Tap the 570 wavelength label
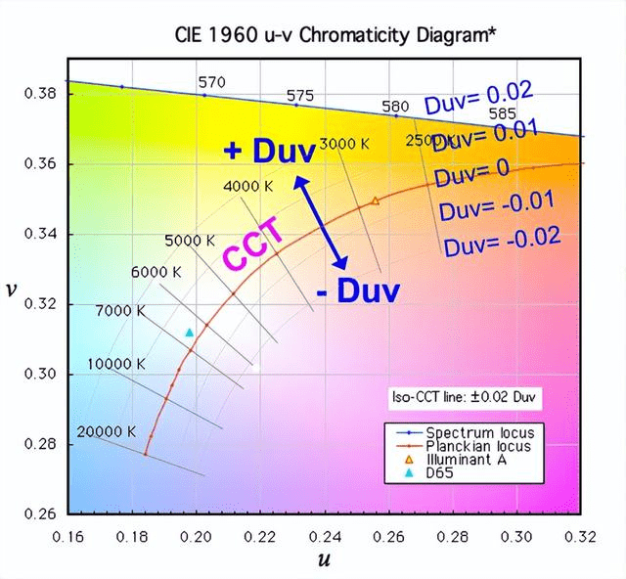(x=211, y=83)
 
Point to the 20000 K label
(x=107, y=431)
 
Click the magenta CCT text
(x=253, y=245)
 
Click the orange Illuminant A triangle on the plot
(x=375, y=200)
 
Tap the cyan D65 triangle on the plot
(x=190, y=334)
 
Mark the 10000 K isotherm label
(x=116, y=363)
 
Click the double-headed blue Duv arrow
(x=323, y=222)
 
